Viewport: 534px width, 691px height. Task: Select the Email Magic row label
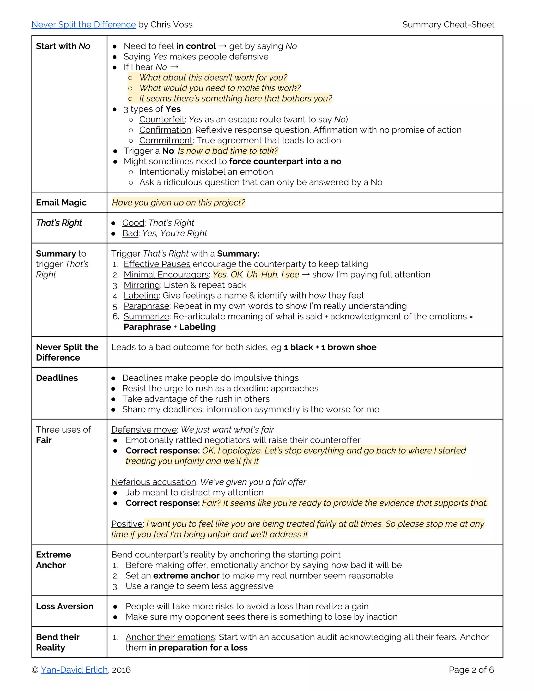pyautogui.click(x=61, y=203)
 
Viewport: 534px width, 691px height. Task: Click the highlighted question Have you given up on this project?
pyautogui.click(x=178, y=203)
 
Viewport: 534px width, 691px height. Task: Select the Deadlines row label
pyautogui.click(x=57, y=378)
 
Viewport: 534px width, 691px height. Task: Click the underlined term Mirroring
pyautogui.click(x=142, y=285)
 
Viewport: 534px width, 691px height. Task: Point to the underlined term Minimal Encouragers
pyautogui.click(x=166, y=274)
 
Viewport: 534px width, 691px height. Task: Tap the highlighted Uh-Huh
pyautogui.click(x=262, y=274)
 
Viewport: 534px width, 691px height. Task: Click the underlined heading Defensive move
pyautogui.click(x=144, y=429)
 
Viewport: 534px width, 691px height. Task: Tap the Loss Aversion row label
pyautogui.click(x=65, y=606)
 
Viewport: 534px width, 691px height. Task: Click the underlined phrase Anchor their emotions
pyautogui.click(x=170, y=637)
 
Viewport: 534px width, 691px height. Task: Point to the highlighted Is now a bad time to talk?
pyautogui.click(x=228, y=151)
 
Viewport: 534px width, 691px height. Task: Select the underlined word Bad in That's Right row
pyautogui.click(x=130, y=233)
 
